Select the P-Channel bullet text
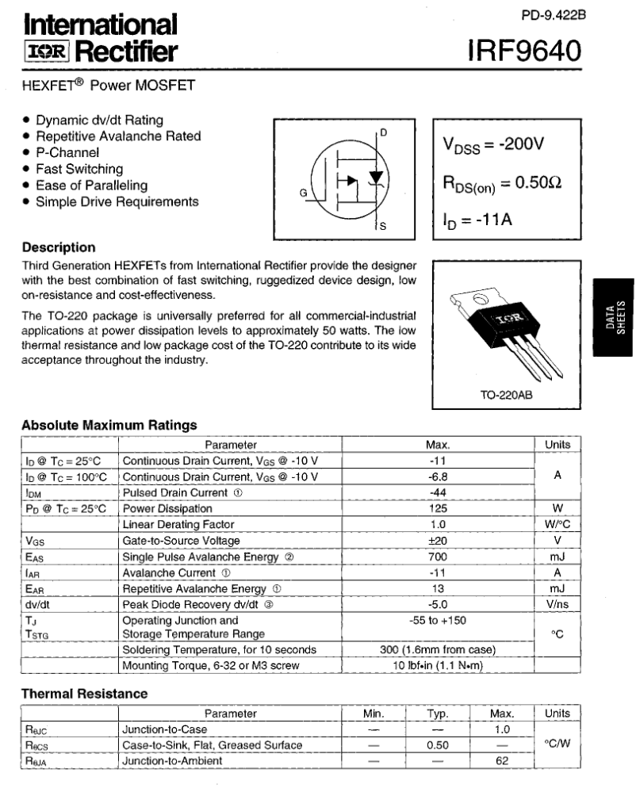coord(67,152)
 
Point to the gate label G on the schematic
coord(303,192)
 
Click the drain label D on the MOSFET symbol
coord(383,132)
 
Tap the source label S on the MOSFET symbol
coord(383,227)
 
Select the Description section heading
coord(59,247)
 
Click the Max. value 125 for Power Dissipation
coord(438,508)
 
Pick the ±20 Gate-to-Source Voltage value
coord(438,541)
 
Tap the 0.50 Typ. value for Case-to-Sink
coord(438,745)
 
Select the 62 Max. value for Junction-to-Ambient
coord(502,761)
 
